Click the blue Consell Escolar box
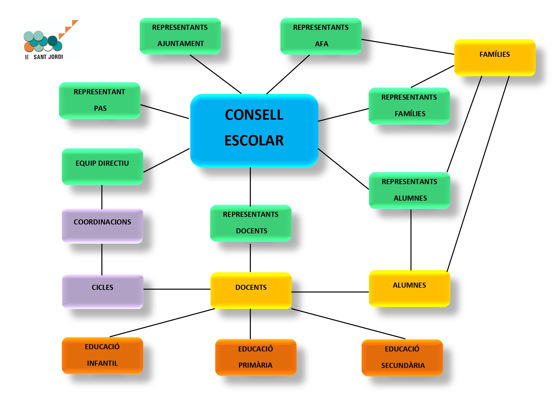pos(254,130)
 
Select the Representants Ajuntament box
pos(180,36)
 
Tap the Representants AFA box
pos(321,36)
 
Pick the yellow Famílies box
pos(494,57)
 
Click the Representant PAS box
pos(100,100)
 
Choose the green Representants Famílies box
pos(409,106)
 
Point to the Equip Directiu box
pos(102,166)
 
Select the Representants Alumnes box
pos(409,190)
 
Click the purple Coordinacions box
pos(102,226)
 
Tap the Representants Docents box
pos(251,223)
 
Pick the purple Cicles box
pos(103,291)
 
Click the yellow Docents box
pos(251,290)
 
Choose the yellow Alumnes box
pos(409,288)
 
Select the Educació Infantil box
pos(102,355)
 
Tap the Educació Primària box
pos(256,357)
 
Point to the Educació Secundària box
pos(402,357)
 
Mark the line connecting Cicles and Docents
pos(177,289)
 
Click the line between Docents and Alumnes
pos(330,292)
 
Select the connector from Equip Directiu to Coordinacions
pos(102,197)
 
